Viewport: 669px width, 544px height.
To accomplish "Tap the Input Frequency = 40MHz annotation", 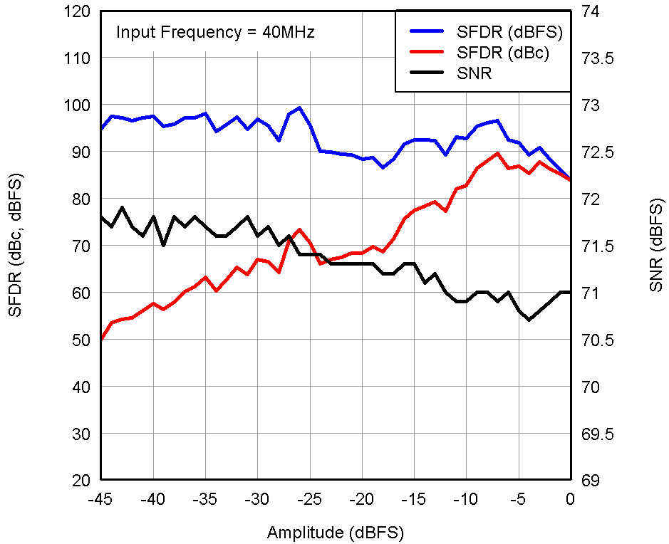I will coord(215,32).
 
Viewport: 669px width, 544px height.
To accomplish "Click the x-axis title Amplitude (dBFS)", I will coord(336,533).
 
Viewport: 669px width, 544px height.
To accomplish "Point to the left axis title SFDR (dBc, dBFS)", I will coord(16,246).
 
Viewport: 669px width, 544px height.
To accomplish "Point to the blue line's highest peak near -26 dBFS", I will coord(299,108).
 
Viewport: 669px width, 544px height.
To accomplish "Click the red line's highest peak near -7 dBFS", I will coord(497,153).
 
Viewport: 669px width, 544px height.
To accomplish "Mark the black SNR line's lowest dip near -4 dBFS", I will coord(529,320).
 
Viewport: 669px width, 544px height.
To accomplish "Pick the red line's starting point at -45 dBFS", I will coord(101,340).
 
